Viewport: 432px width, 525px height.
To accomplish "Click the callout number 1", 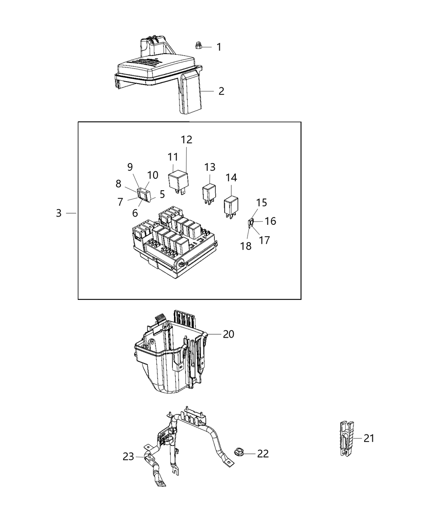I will (219, 47).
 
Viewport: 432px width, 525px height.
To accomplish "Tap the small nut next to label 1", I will (198, 45).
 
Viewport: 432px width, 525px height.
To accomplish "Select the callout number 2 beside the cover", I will (221, 91).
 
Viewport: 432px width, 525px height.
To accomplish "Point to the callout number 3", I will (59, 213).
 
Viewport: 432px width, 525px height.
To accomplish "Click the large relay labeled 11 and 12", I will (178, 181).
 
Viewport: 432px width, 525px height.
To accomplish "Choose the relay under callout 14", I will (231, 205).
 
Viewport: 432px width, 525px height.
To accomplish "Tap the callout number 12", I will (186, 140).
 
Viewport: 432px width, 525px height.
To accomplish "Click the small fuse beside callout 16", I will (250, 223).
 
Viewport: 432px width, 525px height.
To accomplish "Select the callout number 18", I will (246, 247).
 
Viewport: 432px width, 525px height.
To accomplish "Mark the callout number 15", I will (262, 203).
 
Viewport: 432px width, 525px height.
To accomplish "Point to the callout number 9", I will (130, 167).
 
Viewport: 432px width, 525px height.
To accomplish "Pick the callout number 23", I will (128, 456).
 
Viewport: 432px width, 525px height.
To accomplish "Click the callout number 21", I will (369, 438).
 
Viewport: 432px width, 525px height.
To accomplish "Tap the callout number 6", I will (135, 213).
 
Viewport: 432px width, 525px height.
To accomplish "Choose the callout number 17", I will (264, 240).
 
